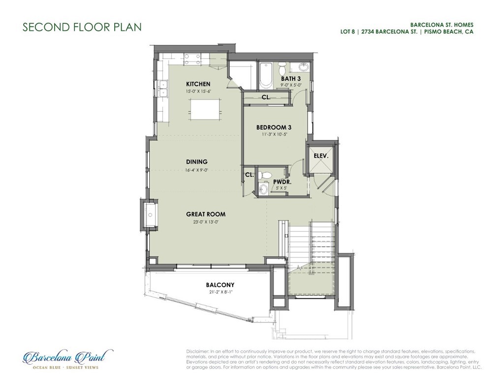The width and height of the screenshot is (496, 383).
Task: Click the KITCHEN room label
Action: (198, 84)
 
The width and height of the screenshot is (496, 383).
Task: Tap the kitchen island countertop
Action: (205, 109)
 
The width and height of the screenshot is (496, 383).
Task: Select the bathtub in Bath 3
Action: (266, 76)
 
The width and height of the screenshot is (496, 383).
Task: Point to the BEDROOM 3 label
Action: (274, 128)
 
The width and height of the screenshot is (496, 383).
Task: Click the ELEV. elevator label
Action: (321, 156)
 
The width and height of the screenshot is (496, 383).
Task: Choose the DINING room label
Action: (197, 162)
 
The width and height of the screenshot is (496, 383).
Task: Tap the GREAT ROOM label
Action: (206, 214)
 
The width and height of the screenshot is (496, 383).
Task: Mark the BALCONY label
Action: (220, 285)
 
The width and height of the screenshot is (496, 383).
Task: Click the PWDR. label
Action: (282, 182)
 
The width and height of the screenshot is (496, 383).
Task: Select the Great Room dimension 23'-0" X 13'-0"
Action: (206, 222)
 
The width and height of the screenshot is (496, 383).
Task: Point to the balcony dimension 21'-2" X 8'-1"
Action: (220, 292)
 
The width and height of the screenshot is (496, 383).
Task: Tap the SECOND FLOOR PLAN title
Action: (82, 27)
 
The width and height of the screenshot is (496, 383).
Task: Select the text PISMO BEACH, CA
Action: (449, 32)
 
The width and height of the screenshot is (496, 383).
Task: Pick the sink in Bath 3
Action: (303, 67)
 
